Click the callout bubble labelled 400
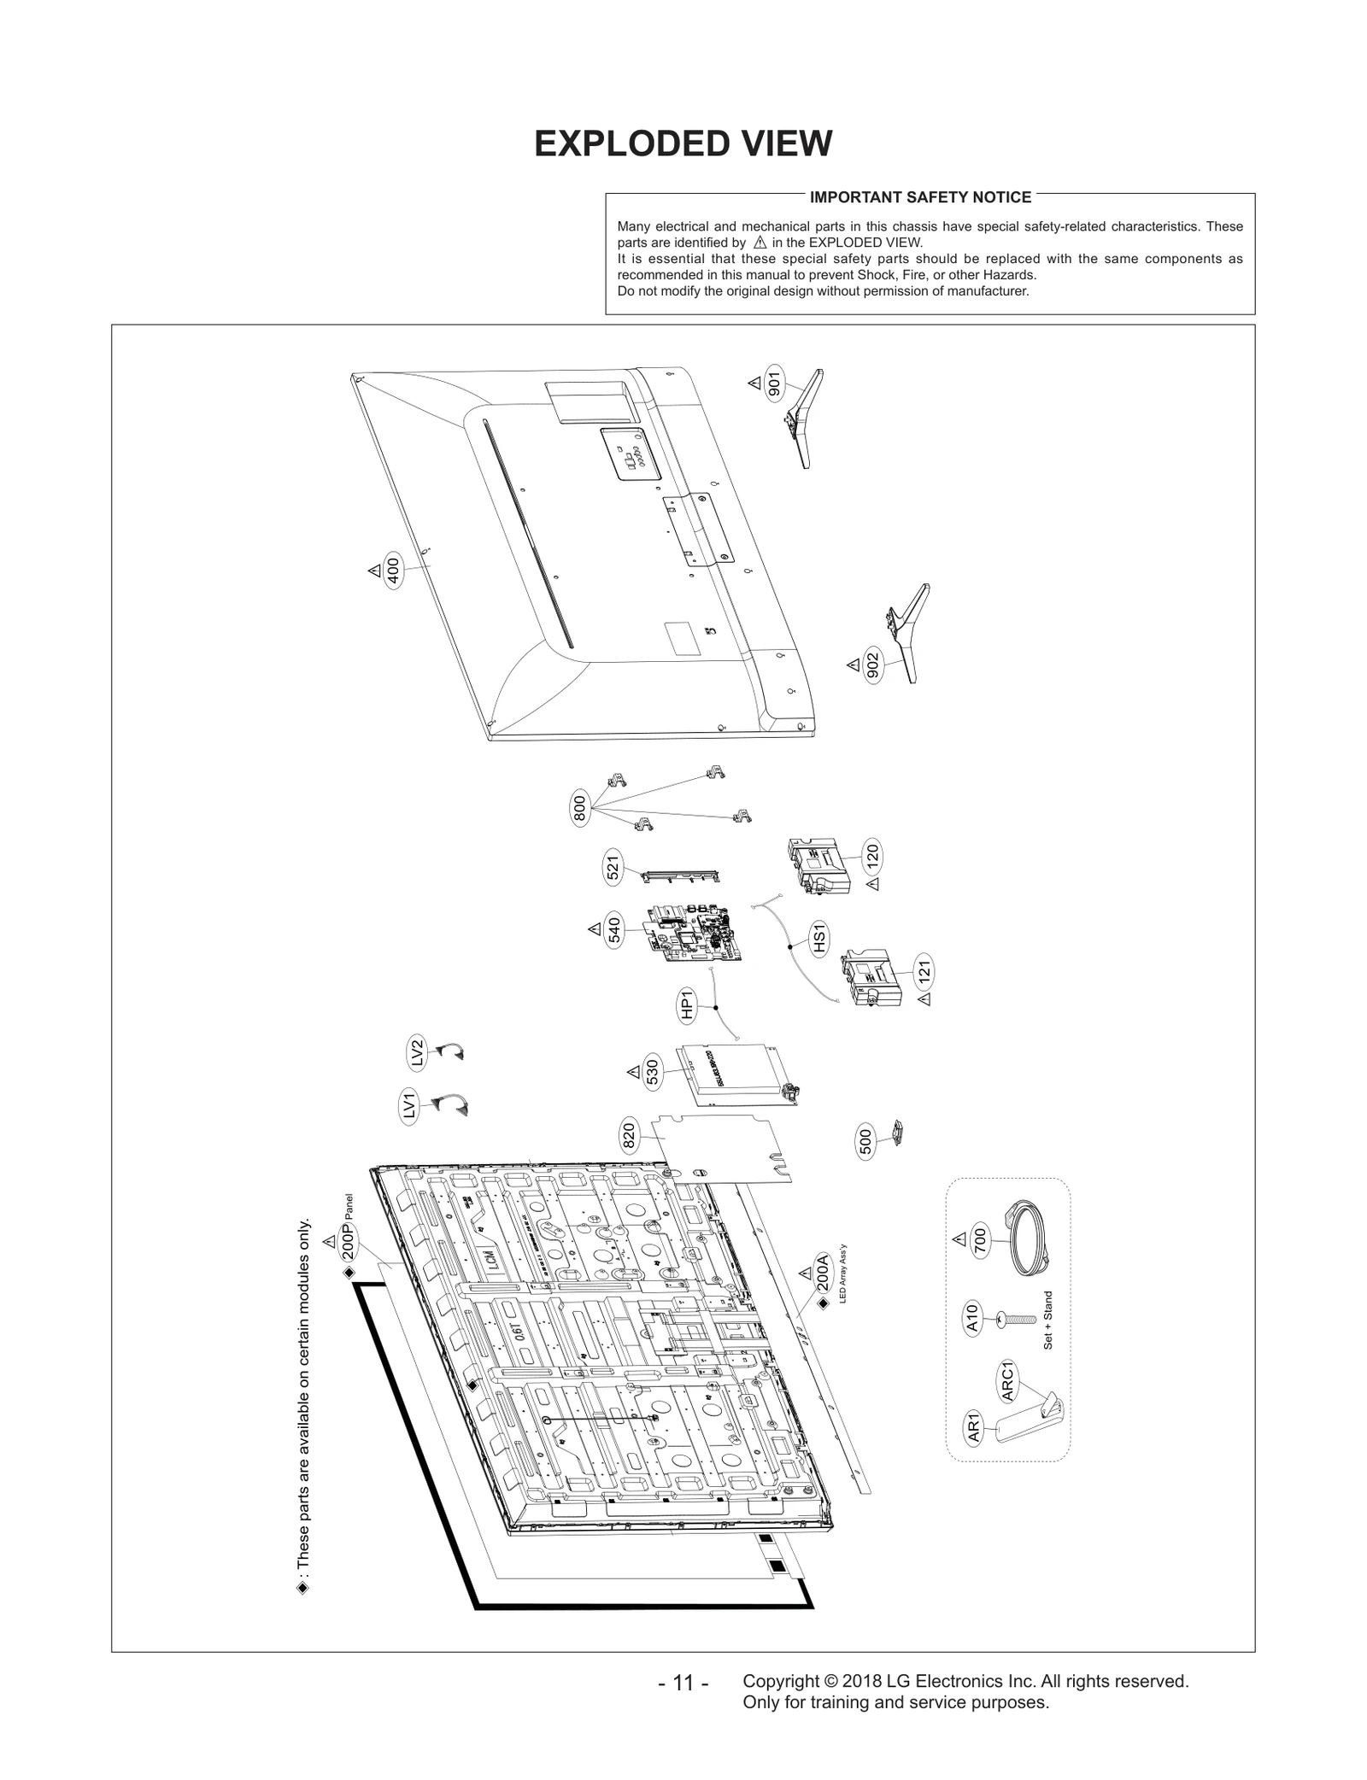[x=392, y=570]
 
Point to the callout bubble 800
[x=580, y=809]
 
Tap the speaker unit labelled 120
[x=818, y=866]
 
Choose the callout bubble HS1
[x=819, y=939]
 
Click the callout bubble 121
[x=923, y=971]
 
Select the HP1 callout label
[x=686, y=1005]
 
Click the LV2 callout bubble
[x=416, y=1053]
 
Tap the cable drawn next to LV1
[x=453, y=1105]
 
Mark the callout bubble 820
[x=629, y=1136]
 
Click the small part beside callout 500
[x=897, y=1131]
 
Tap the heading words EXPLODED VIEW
[x=683, y=144]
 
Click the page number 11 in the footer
[x=683, y=1683]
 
